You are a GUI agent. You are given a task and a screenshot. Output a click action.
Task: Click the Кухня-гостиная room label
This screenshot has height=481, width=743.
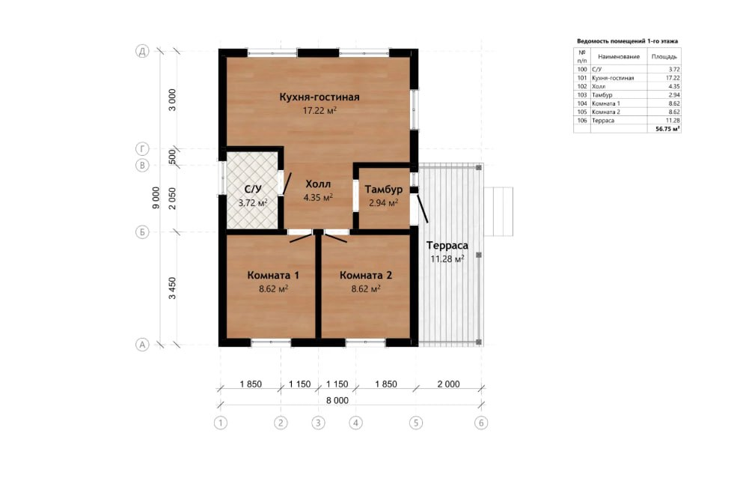[x=319, y=97]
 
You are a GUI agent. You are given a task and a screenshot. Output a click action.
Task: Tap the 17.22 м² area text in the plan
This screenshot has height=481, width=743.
[x=319, y=111]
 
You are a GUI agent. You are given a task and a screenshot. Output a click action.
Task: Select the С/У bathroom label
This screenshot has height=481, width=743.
[x=253, y=190]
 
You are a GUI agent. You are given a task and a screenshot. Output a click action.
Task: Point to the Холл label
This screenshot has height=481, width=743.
[x=318, y=184]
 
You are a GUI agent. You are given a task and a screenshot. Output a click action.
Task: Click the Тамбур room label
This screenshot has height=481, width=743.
[x=384, y=190]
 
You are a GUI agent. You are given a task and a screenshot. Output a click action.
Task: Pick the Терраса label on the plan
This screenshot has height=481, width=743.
[x=447, y=245]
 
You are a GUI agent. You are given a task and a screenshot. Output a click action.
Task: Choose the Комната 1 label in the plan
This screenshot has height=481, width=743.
[x=273, y=275]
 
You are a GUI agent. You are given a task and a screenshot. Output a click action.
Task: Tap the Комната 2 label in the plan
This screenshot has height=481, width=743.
[x=366, y=275]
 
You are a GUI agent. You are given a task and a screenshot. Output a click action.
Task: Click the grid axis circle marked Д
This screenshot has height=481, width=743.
[x=142, y=51]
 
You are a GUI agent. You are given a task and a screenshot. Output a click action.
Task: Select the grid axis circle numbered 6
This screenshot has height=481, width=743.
[x=481, y=423]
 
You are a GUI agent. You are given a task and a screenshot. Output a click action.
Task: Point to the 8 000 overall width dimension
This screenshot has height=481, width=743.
[x=337, y=400]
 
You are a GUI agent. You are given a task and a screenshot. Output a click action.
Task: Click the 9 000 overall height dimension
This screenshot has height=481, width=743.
[x=156, y=198]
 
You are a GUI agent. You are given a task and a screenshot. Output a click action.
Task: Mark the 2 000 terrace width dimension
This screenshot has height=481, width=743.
[x=448, y=384]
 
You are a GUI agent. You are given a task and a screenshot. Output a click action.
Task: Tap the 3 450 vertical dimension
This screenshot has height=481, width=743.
[x=173, y=288]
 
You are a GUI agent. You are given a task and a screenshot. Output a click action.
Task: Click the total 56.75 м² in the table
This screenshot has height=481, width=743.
[x=667, y=129]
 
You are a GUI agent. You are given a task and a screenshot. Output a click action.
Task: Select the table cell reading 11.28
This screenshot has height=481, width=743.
[x=673, y=121]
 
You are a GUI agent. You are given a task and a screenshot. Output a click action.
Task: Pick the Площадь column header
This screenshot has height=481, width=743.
[x=664, y=56]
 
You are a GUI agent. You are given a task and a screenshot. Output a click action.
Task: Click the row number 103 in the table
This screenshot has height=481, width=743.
[x=582, y=95]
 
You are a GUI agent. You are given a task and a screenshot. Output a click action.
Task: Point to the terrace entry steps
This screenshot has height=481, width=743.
[x=498, y=211]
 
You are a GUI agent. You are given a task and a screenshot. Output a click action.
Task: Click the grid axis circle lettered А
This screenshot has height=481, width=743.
[x=142, y=345]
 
